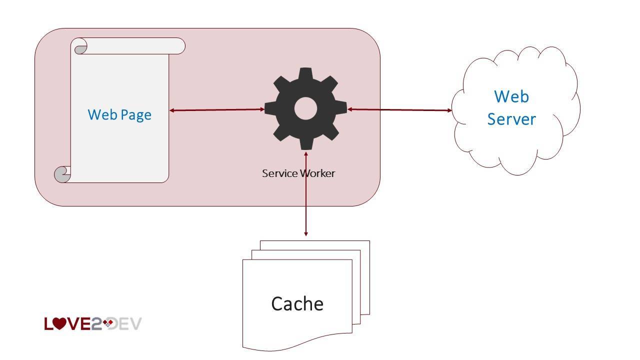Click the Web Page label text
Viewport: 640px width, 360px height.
(x=119, y=114)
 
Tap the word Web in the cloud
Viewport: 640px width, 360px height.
(x=511, y=96)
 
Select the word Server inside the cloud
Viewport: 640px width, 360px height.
(x=511, y=119)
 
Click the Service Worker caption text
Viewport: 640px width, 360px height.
(x=298, y=173)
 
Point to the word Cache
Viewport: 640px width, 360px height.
(x=297, y=303)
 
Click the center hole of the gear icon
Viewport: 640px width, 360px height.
(x=305, y=108)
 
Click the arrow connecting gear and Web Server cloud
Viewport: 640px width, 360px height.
(x=400, y=109)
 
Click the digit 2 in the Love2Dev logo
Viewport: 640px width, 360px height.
(x=96, y=324)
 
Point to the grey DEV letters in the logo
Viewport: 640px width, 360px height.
(x=127, y=324)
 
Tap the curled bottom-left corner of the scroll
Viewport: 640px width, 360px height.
(x=61, y=174)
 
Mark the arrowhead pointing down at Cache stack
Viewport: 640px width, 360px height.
(x=305, y=232)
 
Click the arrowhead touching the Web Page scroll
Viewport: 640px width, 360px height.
(x=172, y=110)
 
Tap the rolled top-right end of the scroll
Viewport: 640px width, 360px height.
(x=179, y=46)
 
